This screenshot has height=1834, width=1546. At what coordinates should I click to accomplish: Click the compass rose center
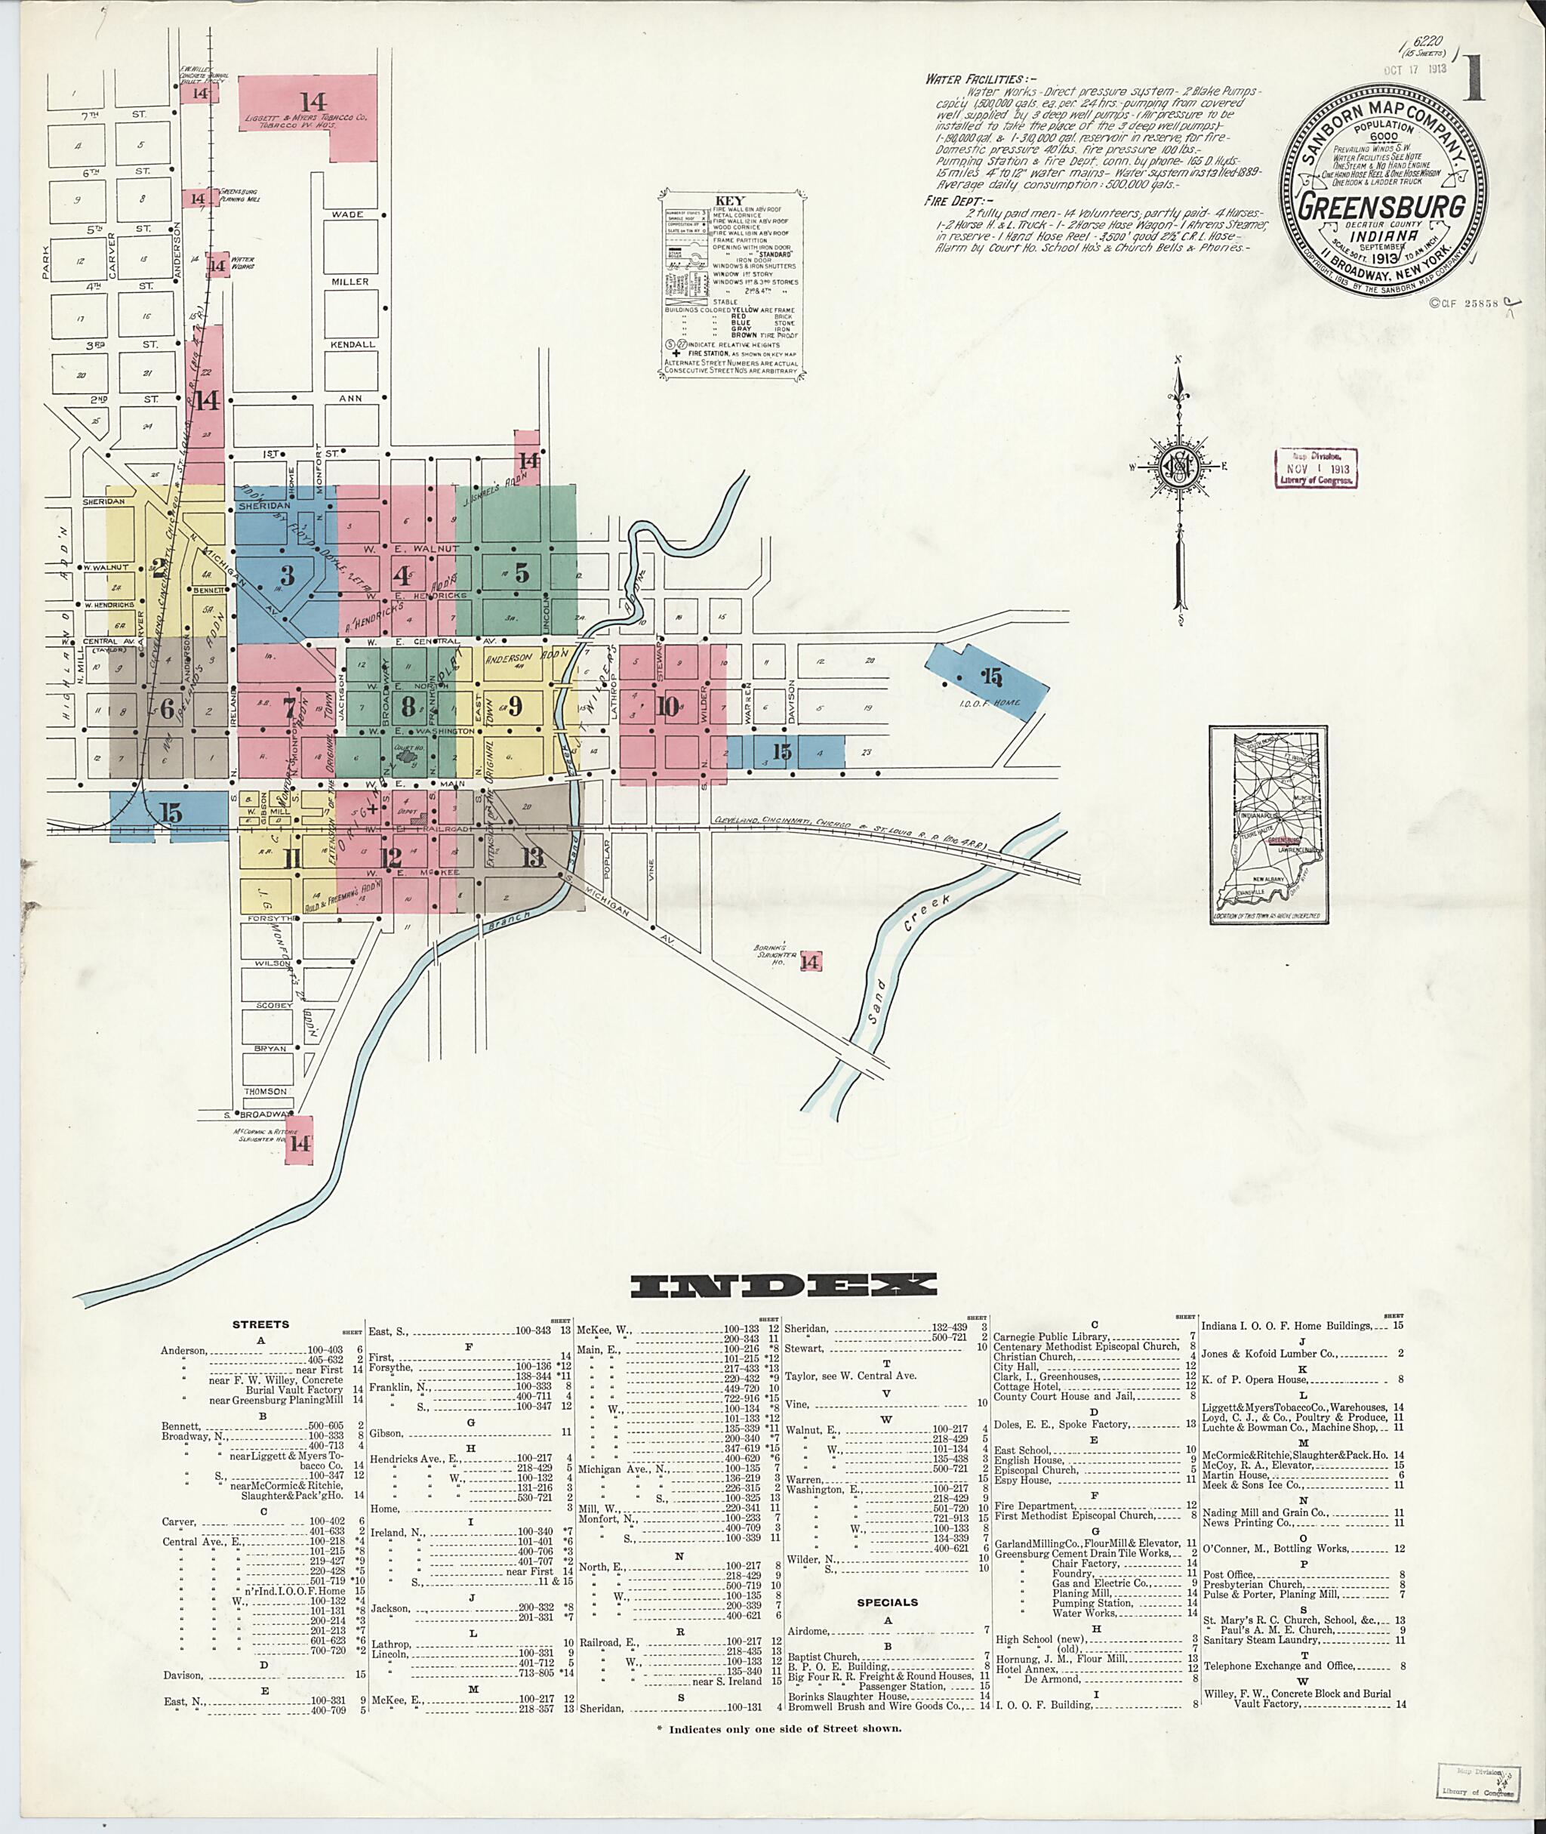tap(1179, 467)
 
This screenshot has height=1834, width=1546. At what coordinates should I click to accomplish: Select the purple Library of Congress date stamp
tap(1313, 469)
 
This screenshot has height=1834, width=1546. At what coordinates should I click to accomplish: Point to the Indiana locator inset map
tap(1270, 823)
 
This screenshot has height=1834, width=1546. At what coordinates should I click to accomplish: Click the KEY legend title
tap(729, 201)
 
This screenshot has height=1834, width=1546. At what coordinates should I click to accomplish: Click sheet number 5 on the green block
tap(522, 572)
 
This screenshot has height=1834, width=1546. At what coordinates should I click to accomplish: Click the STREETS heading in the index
tap(260, 1324)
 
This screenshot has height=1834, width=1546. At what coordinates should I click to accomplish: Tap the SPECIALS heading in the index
tap(888, 1602)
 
